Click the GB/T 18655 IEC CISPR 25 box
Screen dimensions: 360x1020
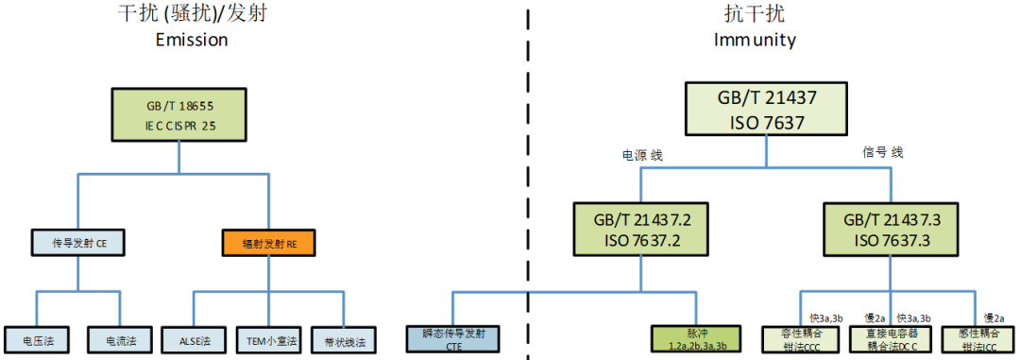pyautogui.click(x=180, y=115)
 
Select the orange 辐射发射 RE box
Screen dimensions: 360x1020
pyautogui.click(x=268, y=244)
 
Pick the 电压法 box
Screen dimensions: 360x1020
pyautogui.click(x=37, y=338)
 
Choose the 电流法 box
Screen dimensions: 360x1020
pyautogui.click(x=121, y=338)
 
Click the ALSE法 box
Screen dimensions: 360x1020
pyautogui.click(x=194, y=338)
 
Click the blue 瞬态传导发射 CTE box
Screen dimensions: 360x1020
pyautogui.click(x=453, y=339)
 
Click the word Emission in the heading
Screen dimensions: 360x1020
pyautogui.click(x=192, y=41)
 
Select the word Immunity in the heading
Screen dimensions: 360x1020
pyautogui.click(x=755, y=41)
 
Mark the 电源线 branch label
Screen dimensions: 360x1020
pyautogui.click(x=642, y=155)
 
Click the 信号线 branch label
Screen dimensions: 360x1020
pyautogui.click(x=883, y=152)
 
